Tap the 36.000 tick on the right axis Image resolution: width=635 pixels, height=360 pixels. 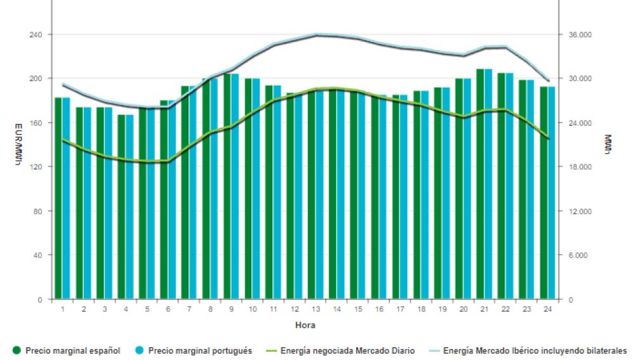pyautogui.click(x=578, y=34)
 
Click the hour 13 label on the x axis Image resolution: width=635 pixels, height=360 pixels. pyautogui.click(x=316, y=309)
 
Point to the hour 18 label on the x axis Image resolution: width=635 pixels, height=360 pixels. pyautogui.click(x=422, y=309)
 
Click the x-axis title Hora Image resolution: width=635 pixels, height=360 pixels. pyautogui.click(x=305, y=325)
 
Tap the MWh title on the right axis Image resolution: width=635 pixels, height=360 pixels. pyautogui.click(x=608, y=145)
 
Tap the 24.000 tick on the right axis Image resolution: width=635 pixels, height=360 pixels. pyautogui.click(x=578, y=123)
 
